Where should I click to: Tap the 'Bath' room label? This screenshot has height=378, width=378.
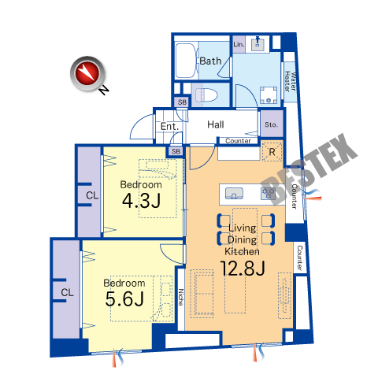(210, 61)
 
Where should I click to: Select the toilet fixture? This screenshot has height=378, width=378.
(206, 95)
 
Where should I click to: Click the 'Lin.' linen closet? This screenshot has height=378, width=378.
(239, 44)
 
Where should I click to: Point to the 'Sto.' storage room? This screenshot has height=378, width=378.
(272, 124)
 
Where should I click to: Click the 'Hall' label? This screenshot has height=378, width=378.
(216, 124)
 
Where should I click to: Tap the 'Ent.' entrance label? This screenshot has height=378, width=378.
(169, 127)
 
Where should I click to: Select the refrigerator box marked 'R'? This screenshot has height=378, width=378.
(272, 152)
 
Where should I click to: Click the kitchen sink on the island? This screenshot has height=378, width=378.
(234, 194)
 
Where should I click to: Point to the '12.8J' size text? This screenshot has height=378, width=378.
(243, 268)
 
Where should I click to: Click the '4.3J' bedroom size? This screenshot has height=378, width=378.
(141, 201)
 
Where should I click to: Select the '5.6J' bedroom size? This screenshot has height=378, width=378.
(124, 298)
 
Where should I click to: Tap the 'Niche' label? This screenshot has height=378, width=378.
(181, 297)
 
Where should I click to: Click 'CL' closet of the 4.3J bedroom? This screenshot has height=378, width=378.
(92, 195)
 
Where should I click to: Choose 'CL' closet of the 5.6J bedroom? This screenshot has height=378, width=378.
(67, 292)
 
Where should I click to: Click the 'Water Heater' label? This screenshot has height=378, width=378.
(291, 81)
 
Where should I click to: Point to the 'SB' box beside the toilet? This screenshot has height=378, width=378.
(182, 102)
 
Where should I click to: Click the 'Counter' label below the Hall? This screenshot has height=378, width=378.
(238, 141)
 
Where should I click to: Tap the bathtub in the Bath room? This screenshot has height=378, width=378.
(185, 61)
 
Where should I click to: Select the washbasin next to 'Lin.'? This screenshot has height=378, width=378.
(258, 43)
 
